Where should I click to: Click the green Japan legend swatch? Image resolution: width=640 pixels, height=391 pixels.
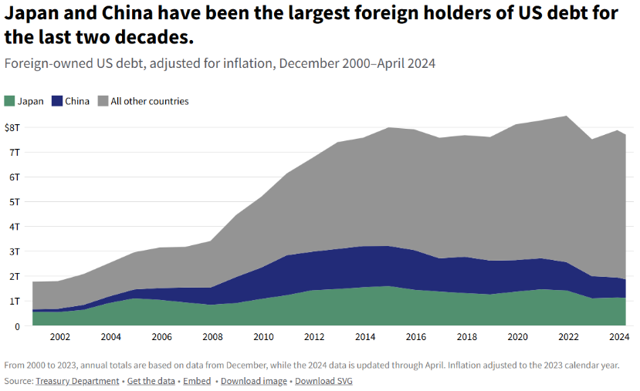point(9,101)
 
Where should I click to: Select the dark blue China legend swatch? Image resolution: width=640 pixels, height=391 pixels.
point(57,101)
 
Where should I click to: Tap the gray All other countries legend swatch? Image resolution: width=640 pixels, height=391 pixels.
point(103,101)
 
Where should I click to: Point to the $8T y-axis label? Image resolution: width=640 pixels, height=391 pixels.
point(12,127)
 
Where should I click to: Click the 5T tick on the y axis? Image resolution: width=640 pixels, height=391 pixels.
point(14,202)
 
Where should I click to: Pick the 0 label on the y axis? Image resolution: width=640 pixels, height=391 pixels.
point(16,326)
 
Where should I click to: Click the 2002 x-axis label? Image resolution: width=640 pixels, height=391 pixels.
point(59,338)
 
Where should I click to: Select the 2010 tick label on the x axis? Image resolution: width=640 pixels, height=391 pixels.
point(263,338)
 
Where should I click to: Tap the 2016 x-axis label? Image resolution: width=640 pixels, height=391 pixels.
point(416,338)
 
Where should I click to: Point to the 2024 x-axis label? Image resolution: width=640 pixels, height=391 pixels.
point(619,338)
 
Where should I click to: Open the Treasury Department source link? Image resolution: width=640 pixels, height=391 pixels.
point(77,381)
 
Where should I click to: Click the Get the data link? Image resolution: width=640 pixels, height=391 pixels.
point(150,381)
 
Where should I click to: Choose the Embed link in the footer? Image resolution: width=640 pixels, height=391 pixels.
point(196,381)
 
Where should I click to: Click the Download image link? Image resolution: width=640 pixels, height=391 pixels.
point(253,381)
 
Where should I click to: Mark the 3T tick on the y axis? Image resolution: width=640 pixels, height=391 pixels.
point(14,251)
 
